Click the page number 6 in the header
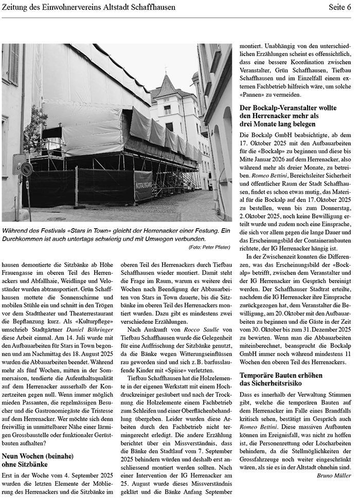click(x=349, y=7)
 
